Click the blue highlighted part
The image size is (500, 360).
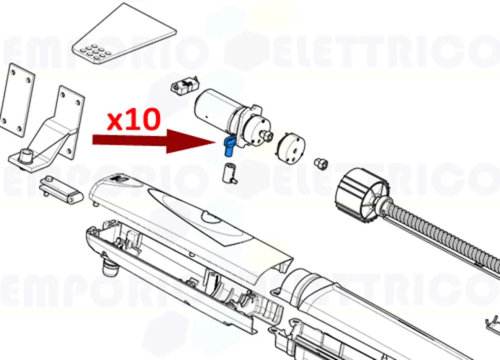[230, 146]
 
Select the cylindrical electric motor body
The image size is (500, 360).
[216, 108]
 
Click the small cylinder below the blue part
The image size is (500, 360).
[230, 174]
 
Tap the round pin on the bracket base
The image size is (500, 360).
[26, 154]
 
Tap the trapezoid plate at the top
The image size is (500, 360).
[125, 32]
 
